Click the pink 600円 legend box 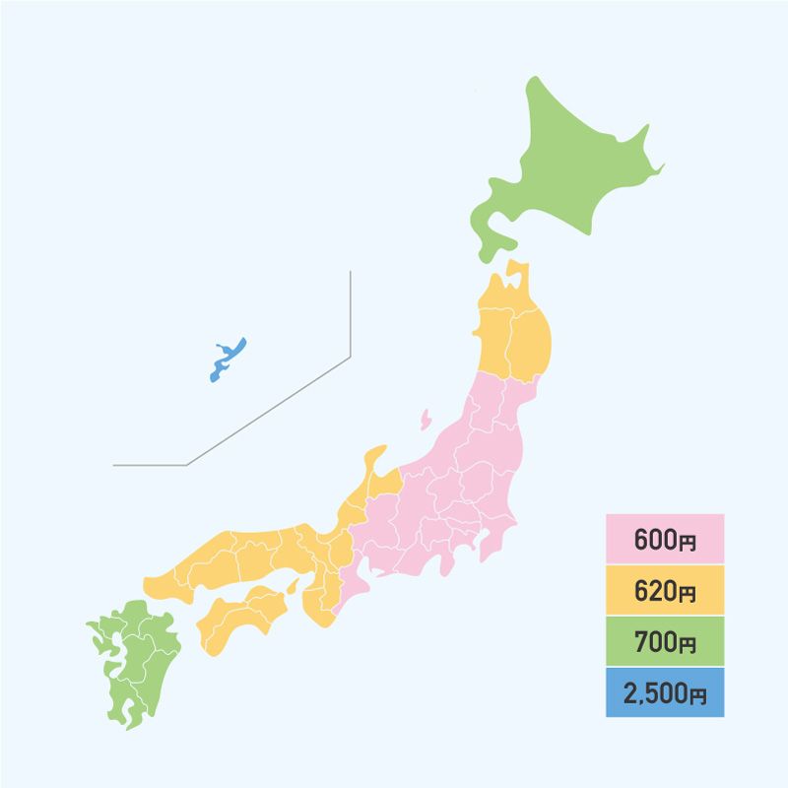coord(665,540)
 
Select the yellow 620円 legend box coord(665,591)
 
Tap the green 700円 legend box coord(665,642)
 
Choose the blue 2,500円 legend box coord(665,693)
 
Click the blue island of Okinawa coord(228,360)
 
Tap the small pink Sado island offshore coord(425,419)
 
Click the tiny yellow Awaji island coord(291,587)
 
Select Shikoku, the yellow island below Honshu coord(241,616)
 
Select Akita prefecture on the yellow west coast coord(492,340)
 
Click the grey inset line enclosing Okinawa coord(350,325)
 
